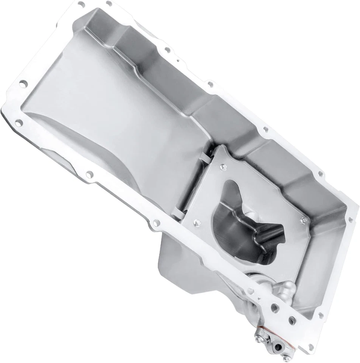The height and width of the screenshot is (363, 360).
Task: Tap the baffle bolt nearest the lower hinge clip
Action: (196, 222)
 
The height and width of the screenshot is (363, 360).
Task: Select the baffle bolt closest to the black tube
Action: (303, 220)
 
